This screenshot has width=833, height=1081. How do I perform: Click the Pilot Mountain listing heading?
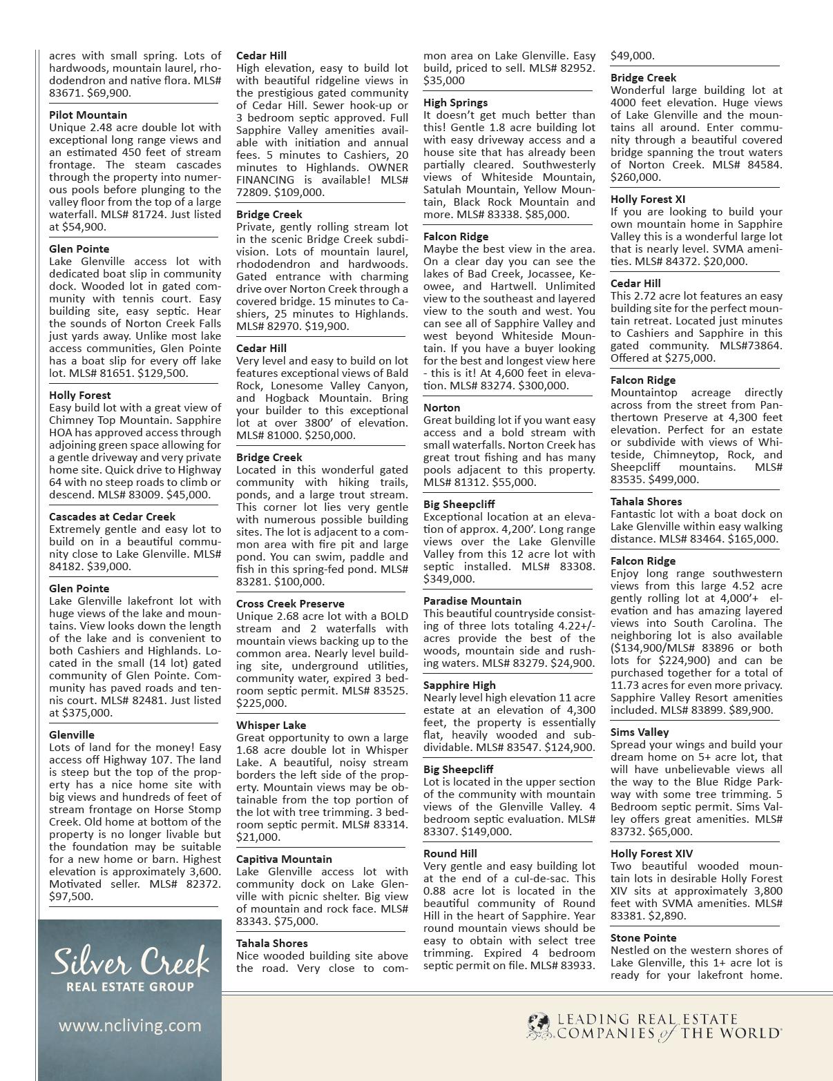88,115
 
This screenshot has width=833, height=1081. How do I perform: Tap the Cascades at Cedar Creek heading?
112,516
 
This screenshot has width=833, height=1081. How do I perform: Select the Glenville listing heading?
72,734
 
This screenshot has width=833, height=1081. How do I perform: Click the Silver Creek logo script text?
130,962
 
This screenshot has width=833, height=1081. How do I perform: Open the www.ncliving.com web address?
130,1025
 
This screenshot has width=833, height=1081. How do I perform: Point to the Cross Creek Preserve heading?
290,603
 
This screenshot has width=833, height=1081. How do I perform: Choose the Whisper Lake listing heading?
271,725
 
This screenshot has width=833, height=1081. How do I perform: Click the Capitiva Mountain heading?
284,859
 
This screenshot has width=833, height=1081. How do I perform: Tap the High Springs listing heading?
455,102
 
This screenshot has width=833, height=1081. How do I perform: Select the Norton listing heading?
441,407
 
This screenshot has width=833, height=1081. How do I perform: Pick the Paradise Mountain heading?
472,601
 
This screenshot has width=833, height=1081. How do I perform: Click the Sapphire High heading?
459,685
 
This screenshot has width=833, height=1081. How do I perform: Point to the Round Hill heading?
450,853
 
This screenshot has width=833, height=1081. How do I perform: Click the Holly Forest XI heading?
648,199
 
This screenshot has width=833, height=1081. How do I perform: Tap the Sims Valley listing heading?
640,732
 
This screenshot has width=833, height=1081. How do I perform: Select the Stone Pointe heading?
643,937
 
